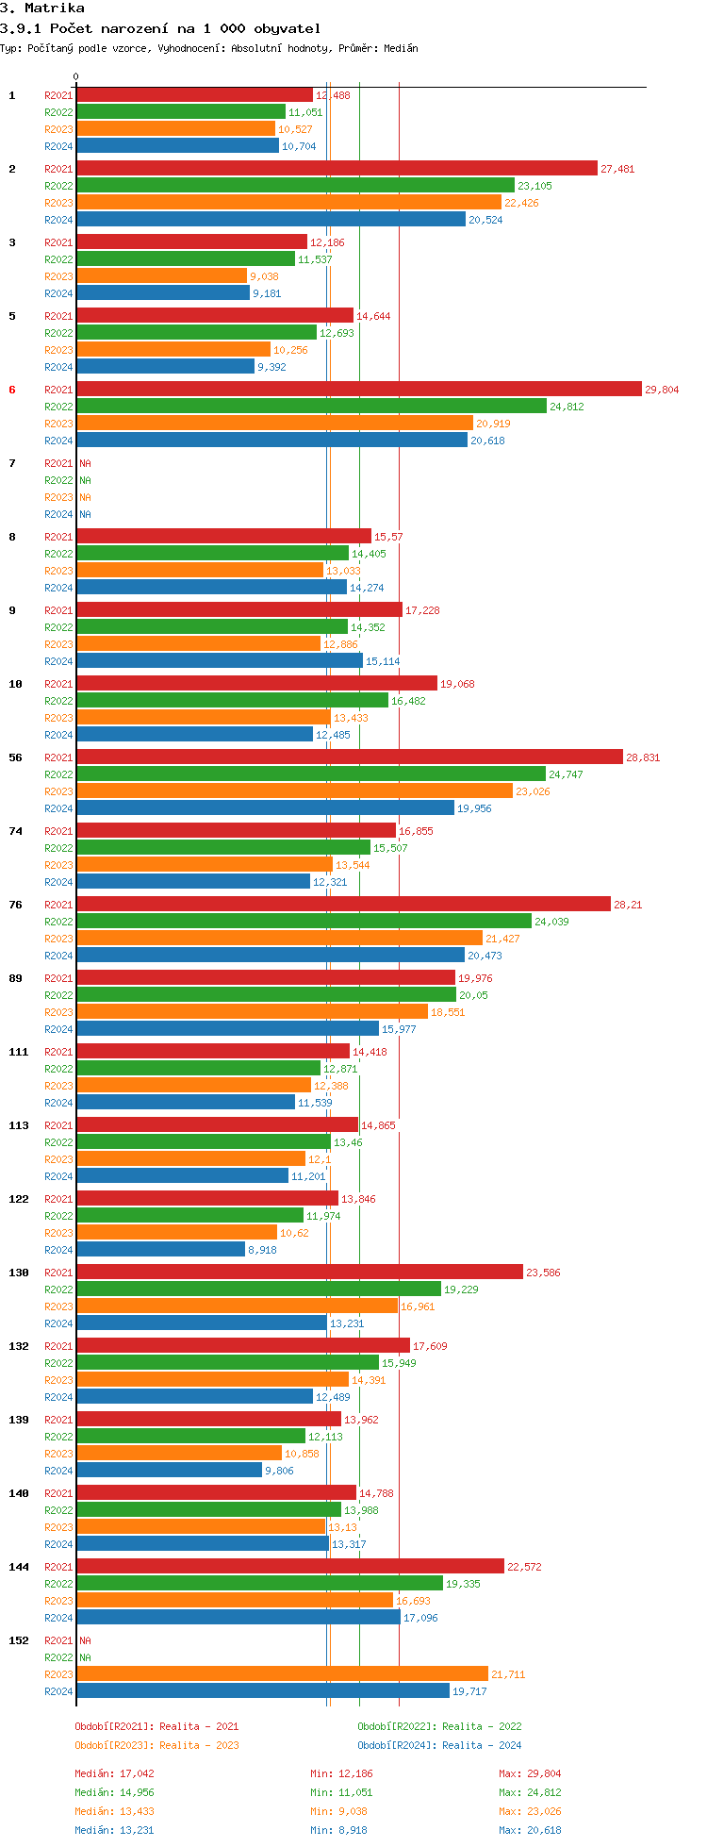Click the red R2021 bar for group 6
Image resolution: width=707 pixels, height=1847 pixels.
[358, 389]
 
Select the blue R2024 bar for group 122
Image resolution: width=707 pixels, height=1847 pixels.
[160, 1249]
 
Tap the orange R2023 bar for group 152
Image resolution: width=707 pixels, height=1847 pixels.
[282, 1673]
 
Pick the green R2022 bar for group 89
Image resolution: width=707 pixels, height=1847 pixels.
[266, 994]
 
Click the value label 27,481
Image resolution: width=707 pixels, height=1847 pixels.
[618, 169]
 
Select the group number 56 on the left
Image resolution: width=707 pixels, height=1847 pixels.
[16, 757]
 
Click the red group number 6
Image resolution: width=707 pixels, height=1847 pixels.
[12, 390]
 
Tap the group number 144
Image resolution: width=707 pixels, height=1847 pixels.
[19, 1567]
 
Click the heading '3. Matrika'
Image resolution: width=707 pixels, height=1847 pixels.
[42, 8]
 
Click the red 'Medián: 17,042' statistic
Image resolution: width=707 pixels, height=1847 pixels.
[114, 1773]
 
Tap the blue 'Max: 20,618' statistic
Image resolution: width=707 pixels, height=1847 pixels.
[530, 1830]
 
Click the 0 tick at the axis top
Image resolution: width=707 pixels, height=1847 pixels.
[76, 77]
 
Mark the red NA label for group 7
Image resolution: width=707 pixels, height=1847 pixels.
[85, 463]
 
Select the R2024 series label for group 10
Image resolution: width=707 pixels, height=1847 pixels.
[58, 735]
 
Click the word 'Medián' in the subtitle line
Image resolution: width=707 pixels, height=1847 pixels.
[401, 48]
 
